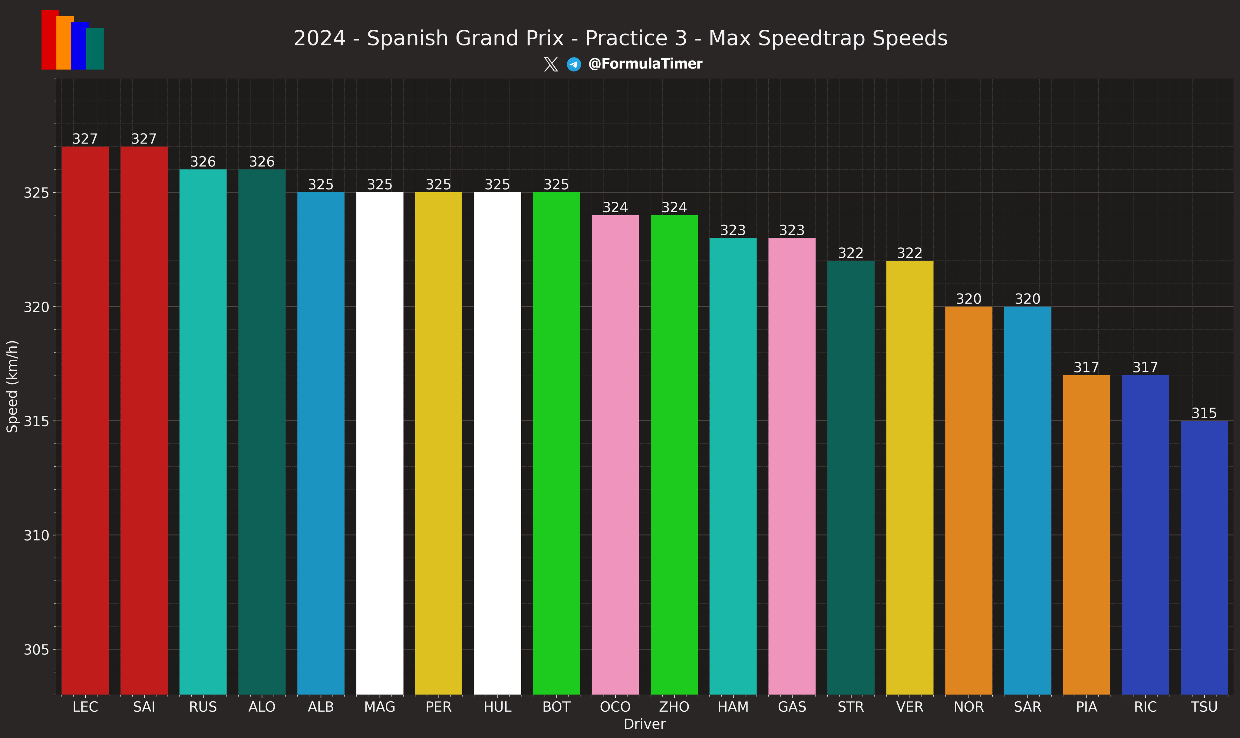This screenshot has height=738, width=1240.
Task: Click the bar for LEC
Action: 85,420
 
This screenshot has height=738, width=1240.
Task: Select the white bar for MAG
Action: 380,443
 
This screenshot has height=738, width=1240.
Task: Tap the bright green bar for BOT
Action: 556,443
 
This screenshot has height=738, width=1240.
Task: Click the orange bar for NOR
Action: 969,500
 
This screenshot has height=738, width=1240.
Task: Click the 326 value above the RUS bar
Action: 203,162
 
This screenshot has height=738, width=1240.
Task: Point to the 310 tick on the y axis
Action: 36,536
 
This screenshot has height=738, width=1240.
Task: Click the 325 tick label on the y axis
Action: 36,193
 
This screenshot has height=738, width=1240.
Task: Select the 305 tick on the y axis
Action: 36,650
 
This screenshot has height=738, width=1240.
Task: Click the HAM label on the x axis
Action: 733,707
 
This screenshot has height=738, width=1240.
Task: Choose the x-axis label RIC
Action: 1145,707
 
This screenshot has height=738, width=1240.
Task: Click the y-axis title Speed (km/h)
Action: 12,386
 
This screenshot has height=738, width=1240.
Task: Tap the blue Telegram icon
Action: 574,64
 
